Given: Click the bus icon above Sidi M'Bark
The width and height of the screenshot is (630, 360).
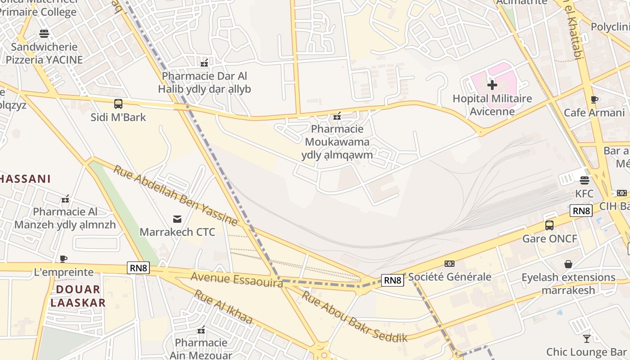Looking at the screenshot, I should pos(118,104).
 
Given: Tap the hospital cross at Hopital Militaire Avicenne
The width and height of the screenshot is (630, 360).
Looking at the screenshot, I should pos(492,85).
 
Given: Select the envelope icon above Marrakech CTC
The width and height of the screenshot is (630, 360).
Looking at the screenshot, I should pos(177,219).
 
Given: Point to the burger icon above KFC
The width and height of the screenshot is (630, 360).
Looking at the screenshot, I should pos(585,180).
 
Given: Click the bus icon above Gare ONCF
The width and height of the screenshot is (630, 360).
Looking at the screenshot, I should pos(549,225).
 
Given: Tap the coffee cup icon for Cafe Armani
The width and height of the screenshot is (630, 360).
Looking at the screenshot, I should pos(594,99).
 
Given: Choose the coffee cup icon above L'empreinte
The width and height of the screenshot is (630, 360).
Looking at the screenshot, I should pos(63,259).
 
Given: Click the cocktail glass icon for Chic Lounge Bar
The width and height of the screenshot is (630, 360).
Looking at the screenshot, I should pos(587,338).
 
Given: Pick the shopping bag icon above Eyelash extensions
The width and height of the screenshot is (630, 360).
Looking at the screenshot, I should pos(568,264).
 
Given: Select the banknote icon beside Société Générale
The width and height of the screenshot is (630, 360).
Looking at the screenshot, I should pos(449,264).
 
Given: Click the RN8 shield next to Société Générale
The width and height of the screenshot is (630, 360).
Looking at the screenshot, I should pos(392,280).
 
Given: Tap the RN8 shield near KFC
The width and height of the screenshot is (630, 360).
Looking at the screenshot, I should pos(581,211).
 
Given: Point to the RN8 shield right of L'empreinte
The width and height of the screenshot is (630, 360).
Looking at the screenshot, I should pos(138,268).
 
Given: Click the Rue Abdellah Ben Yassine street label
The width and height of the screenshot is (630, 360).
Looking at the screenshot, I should pos(175,195).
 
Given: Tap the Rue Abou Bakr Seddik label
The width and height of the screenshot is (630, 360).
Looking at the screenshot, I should pos(354,316).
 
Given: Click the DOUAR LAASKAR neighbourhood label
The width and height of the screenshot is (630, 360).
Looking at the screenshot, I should pos(78,296).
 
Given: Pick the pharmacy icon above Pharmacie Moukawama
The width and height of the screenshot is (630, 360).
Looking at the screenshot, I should pos(337,116).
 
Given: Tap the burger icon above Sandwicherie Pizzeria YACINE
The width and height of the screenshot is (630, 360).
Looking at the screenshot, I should pos(44,33).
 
